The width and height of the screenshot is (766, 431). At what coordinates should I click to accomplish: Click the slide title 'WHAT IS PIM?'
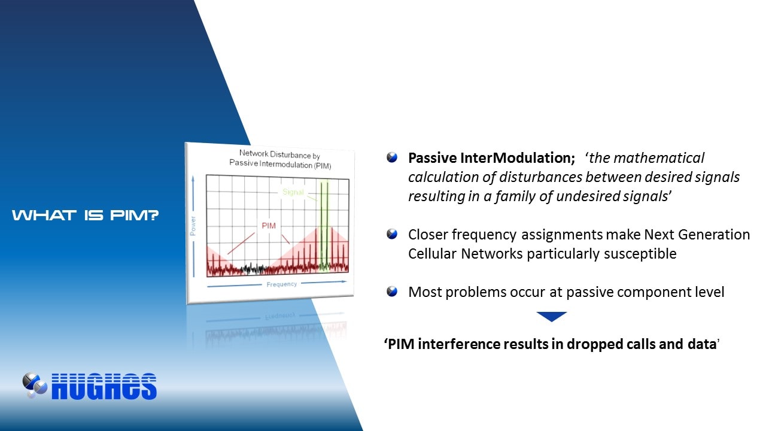(x=86, y=215)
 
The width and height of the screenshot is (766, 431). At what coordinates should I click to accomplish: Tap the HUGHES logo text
(x=104, y=387)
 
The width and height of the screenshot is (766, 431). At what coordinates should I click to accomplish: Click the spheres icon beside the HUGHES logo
(x=35, y=385)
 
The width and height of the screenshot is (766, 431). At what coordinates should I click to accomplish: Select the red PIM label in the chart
(x=269, y=226)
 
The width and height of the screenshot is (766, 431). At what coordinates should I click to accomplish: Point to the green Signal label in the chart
(x=293, y=192)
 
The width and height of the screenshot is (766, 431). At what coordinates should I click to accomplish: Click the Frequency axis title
(x=282, y=284)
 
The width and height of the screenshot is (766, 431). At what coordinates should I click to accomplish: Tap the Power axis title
(x=193, y=226)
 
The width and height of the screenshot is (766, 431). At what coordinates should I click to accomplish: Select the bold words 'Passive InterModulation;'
(x=492, y=158)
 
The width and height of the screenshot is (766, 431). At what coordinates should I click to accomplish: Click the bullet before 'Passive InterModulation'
(x=392, y=157)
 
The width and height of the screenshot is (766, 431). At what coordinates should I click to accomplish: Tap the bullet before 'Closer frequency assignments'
(x=392, y=234)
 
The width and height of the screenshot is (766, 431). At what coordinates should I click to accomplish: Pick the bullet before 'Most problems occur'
(x=392, y=292)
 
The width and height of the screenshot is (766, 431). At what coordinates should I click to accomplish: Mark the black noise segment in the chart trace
(x=253, y=269)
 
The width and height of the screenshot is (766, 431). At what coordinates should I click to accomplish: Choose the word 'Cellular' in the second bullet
(x=432, y=254)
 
